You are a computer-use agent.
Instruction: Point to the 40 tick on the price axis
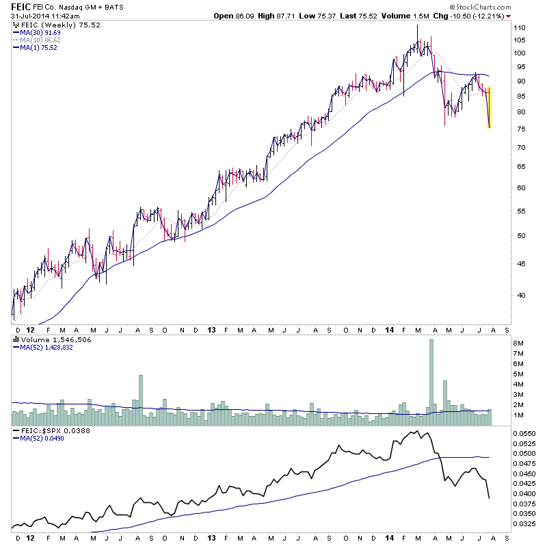pyautogui.click(x=521, y=296)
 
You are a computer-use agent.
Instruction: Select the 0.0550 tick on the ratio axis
pyautogui.click(x=523, y=434)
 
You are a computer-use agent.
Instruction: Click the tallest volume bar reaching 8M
pyautogui.click(x=431, y=376)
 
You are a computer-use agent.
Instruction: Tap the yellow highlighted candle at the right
pyautogui.click(x=490, y=107)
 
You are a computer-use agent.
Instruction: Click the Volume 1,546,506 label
pyautogui.click(x=47, y=339)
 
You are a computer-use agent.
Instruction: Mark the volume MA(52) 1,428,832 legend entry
pyautogui.click(x=47, y=347)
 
